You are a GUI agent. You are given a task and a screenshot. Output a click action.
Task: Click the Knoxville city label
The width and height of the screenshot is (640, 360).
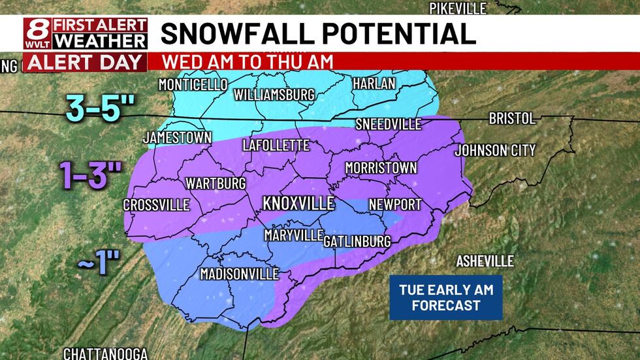pos(298,203)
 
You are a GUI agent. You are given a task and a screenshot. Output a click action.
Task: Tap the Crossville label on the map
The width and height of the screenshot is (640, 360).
pos(156,205)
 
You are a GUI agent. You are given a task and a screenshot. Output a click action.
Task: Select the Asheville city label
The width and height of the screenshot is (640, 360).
pos(485,261)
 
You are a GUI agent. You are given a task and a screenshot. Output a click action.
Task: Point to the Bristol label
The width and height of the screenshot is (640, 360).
pos(513,119)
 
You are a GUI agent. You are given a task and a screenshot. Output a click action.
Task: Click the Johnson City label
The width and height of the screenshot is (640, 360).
pos(495,151)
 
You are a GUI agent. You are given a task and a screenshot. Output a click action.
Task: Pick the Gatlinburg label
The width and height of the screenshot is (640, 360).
pos(357,241)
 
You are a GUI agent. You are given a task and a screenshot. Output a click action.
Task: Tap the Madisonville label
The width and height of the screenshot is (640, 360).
pos(240,274)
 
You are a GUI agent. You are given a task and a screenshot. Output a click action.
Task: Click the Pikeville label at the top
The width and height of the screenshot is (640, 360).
pos(458,8)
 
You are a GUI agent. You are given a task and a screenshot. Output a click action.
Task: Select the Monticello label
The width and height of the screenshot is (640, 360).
pos(193,85)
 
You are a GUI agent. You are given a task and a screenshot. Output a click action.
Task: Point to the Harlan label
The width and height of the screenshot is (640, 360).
pos(374,84)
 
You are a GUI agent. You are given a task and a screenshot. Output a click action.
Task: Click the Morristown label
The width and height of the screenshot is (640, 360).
pos(381,168)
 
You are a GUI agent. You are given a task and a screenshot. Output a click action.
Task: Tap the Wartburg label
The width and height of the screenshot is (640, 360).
pos(216,182)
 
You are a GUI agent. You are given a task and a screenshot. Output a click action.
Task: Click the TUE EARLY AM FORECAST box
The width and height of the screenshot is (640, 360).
pos(446,298)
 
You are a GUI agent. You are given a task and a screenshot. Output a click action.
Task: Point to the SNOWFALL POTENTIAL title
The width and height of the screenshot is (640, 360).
pos(318,33)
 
